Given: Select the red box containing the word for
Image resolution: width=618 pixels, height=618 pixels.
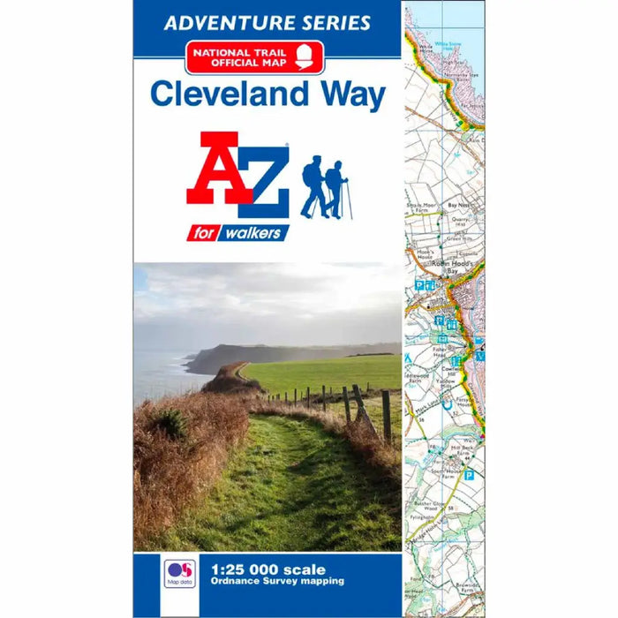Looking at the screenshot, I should coord(203,233).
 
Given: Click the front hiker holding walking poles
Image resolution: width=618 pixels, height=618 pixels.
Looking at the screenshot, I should coord(336,189).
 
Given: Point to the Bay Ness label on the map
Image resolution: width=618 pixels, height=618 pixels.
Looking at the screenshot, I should coord(458,205).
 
